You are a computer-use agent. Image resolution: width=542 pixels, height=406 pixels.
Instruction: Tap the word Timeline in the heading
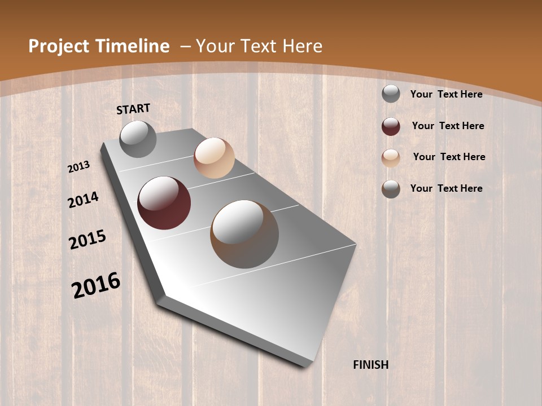(x=133, y=46)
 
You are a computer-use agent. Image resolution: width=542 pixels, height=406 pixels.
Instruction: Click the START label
(x=133, y=109)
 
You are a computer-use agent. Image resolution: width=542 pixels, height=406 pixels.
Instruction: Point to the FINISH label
(x=371, y=365)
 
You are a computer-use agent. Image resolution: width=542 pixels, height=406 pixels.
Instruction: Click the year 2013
(x=79, y=166)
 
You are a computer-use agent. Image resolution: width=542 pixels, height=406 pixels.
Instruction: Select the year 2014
(x=84, y=200)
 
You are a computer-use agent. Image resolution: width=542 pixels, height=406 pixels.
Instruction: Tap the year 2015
(x=88, y=240)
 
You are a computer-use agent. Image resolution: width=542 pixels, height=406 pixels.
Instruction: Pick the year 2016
(x=96, y=285)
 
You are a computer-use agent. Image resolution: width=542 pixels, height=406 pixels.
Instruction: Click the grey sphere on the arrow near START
(x=138, y=139)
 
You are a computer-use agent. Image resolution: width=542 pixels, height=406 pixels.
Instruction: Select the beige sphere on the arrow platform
(x=214, y=158)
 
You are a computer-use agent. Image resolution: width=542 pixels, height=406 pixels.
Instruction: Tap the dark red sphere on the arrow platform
(x=164, y=203)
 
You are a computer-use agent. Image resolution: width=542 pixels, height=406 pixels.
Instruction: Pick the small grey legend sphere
(x=391, y=94)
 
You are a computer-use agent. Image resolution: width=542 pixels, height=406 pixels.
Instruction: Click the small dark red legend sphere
(x=391, y=126)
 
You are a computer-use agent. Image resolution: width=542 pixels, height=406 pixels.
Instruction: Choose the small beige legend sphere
(x=391, y=158)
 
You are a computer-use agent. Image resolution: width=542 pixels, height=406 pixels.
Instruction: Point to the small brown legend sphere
(x=391, y=189)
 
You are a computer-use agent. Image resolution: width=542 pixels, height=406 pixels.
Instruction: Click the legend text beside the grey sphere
(x=447, y=94)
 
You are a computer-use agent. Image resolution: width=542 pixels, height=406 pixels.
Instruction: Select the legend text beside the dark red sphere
(x=448, y=126)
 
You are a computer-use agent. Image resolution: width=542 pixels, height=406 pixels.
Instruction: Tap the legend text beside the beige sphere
(x=449, y=157)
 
